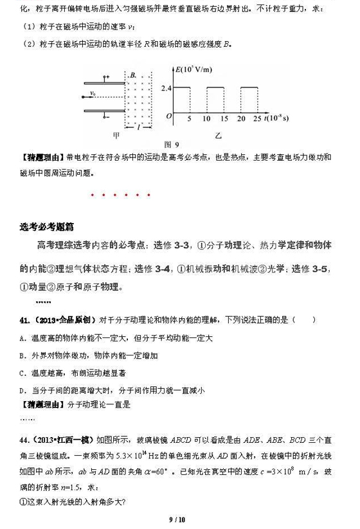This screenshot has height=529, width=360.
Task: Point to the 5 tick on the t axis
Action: pos(190,120)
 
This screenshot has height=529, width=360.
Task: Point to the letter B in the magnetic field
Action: pos(132,76)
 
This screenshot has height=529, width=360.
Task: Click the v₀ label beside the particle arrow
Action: pos(94,93)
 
